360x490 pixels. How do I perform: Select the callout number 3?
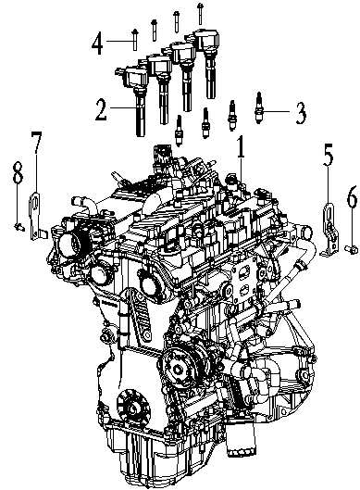pyautogui.click(x=301, y=115)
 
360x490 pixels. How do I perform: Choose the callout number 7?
pyautogui.click(x=36, y=143)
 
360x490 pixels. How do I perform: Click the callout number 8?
pyautogui.click(x=17, y=172)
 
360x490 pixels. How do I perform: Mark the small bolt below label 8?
pyautogui.click(x=18, y=224)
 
